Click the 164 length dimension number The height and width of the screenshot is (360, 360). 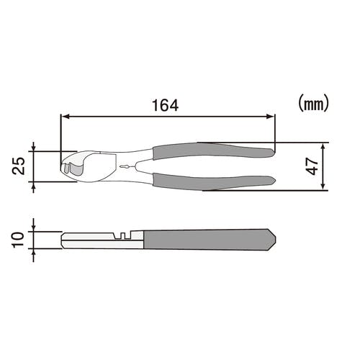[x=166, y=105]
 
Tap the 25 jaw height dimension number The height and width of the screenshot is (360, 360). [x=19, y=166]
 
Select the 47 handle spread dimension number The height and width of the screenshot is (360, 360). [x=312, y=166]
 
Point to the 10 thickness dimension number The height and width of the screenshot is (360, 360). [x=19, y=240]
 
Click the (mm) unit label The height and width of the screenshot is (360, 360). [x=313, y=103]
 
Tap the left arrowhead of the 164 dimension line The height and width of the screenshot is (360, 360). [x=66, y=117]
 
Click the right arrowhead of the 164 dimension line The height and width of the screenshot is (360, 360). [x=270, y=117]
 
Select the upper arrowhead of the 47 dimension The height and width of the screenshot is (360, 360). [x=323, y=147]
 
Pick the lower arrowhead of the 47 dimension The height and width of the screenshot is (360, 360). [x=323, y=186]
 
